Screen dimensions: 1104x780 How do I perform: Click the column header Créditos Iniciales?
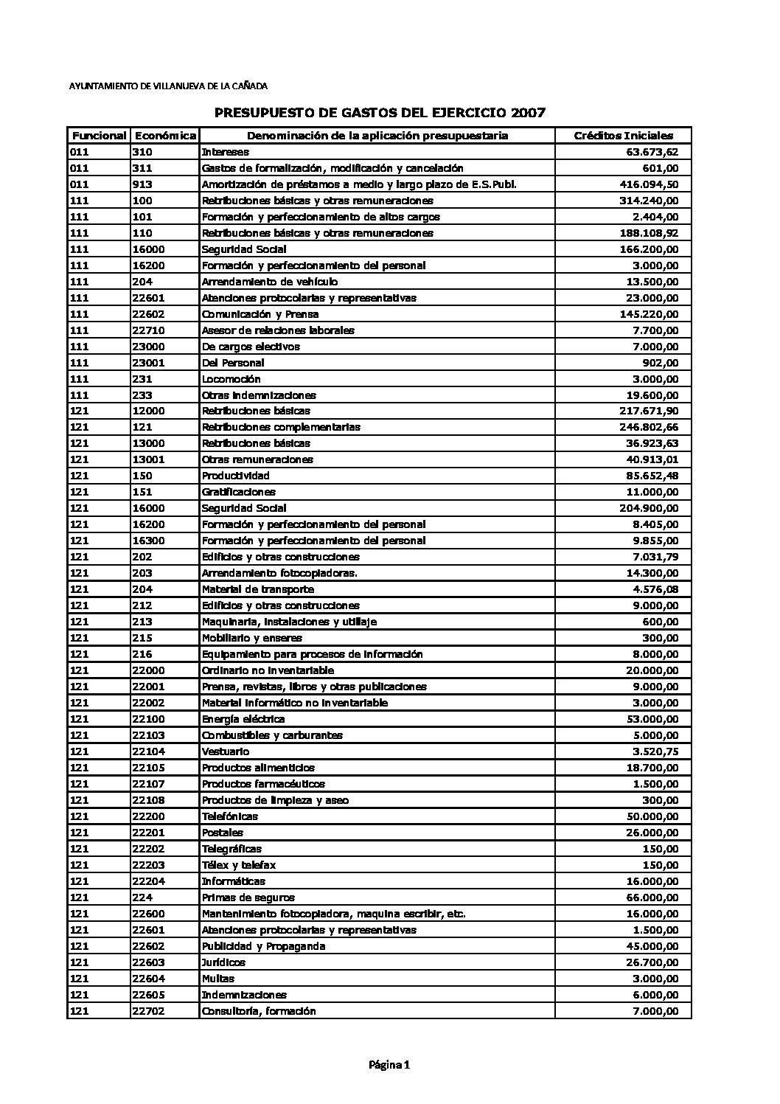(623, 136)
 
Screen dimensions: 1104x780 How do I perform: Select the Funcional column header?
(98, 136)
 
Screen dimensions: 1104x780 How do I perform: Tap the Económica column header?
(165, 136)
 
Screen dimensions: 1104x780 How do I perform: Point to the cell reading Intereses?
(225, 152)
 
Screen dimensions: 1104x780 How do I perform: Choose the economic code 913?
(142, 184)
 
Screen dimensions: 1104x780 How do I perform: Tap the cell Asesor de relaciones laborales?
(278, 330)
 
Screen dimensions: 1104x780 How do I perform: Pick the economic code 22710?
(148, 330)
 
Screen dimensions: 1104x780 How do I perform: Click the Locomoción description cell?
(231, 379)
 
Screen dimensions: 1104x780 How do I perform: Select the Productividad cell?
(235, 476)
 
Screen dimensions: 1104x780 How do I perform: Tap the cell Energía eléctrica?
(243, 719)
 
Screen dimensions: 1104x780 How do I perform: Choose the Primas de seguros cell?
(248, 898)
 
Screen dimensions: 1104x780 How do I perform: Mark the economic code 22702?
(148, 1011)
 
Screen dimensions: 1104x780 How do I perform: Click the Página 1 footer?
(389, 1065)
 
